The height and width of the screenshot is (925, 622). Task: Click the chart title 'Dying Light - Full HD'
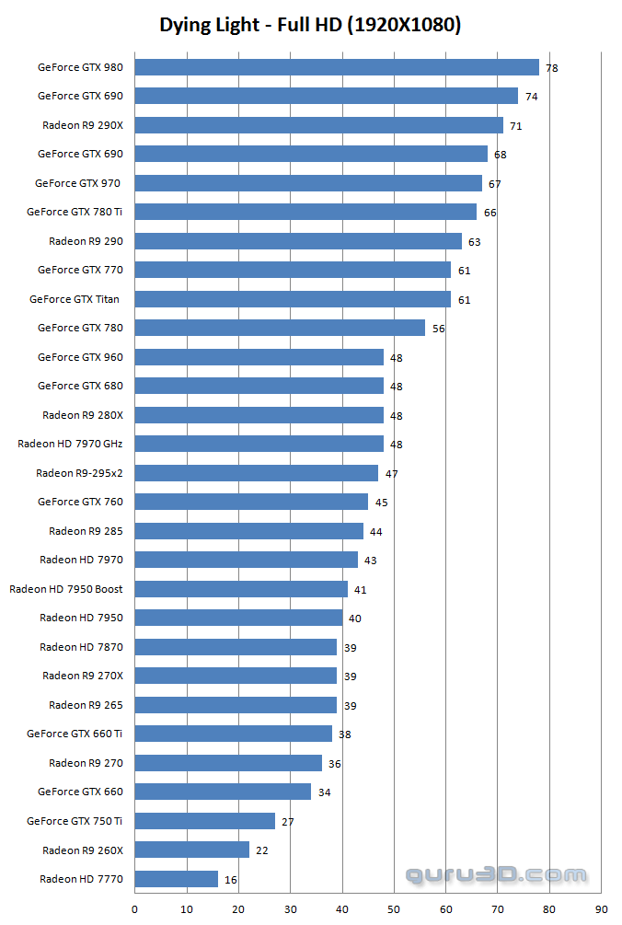point(310,25)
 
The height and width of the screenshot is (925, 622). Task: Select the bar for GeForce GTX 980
point(337,67)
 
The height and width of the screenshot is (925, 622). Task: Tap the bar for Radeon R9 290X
point(318,125)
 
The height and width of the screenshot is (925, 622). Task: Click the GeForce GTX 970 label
point(77,183)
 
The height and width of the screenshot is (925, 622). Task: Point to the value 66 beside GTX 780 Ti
point(490,213)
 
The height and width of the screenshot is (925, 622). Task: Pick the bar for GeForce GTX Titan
point(293,299)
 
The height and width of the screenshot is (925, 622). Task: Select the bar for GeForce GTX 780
point(280,328)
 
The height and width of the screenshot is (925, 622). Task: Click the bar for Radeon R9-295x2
point(257,473)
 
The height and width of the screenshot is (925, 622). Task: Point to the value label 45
point(381,503)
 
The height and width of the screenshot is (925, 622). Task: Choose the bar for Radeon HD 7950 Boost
point(241,589)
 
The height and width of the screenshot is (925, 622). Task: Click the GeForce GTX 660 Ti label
point(75,734)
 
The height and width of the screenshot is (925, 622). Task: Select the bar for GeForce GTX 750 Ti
point(204,821)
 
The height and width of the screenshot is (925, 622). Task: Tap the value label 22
point(262,850)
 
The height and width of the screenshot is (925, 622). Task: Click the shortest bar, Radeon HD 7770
point(177,879)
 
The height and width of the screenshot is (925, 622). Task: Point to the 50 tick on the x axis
point(394,909)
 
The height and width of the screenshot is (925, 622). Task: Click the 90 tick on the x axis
point(601,909)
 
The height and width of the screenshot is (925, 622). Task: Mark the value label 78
point(552,68)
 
